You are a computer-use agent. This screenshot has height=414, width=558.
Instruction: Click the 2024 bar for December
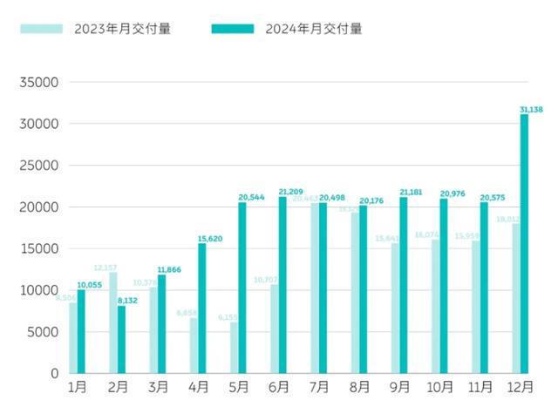point(525,244)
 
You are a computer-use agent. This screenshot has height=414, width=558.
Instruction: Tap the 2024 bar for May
point(242,288)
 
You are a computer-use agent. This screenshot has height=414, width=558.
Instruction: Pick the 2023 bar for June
point(275,329)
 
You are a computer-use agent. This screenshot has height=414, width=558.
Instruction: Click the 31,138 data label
point(532,109)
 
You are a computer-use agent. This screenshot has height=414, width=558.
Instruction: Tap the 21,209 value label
point(290,192)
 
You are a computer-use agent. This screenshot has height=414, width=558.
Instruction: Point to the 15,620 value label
point(210,238)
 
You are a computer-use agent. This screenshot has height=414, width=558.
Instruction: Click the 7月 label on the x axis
point(319,386)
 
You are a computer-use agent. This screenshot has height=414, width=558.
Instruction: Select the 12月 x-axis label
point(521,386)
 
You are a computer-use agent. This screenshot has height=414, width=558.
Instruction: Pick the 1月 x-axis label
point(78,386)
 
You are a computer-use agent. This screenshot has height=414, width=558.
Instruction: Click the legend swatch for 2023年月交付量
point(43,29)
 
